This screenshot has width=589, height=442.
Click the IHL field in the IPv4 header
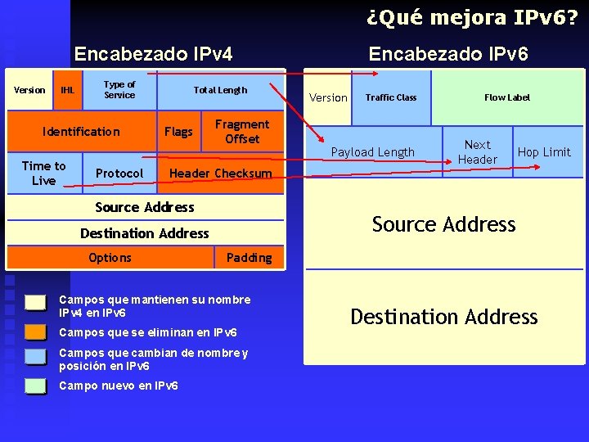(67, 90)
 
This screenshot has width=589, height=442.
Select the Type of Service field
(119, 90)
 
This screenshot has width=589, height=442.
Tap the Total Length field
(220, 90)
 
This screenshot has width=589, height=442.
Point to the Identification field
(81, 132)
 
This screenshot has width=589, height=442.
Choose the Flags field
(178, 132)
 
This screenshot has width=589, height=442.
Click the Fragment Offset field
(242, 132)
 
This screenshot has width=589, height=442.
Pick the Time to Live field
(43, 173)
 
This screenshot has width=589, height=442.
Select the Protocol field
(119, 174)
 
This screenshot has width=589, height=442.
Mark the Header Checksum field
(220, 174)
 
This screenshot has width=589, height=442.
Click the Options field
(110, 258)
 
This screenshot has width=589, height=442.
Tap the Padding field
(249, 258)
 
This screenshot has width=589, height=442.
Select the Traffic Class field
(391, 97)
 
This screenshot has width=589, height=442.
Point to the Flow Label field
(507, 97)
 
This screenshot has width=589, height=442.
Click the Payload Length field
(373, 152)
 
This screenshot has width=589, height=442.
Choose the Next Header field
(478, 151)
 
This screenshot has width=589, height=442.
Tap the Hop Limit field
(545, 152)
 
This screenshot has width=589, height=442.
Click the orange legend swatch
(35, 331)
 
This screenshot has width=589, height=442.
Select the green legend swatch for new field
(35, 386)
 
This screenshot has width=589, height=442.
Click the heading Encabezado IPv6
(448, 54)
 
